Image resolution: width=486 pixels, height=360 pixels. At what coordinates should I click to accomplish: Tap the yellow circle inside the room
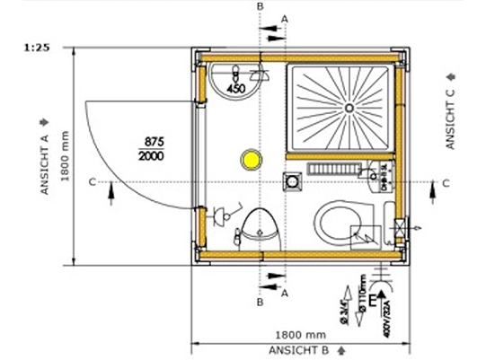(x=249, y=162)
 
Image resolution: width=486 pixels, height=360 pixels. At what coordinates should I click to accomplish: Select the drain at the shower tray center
(x=348, y=107)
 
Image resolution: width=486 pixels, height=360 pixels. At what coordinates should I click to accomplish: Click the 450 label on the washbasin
(x=236, y=90)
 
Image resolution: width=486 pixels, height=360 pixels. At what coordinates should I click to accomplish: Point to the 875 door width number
(x=154, y=142)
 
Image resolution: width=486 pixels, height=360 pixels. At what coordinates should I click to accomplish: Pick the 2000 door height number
(x=154, y=157)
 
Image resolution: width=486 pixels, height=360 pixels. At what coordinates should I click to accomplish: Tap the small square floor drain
(x=292, y=181)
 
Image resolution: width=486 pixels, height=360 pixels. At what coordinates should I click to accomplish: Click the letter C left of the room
(x=93, y=182)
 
